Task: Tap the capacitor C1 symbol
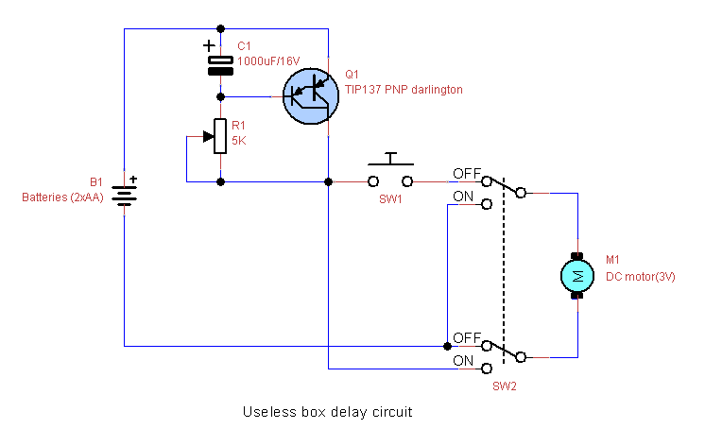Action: (220, 63)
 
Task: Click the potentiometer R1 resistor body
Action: (220, 136)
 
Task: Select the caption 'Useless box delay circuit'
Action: (328, 413)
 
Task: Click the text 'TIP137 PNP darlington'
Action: (404, 90)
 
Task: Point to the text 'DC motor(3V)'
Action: (640, 277)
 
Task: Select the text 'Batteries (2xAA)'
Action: (62, 197)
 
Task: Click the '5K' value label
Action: (239, 141)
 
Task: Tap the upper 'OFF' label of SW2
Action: (466, 174)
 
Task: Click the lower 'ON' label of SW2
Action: (463, 361)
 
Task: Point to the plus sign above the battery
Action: (133, 179)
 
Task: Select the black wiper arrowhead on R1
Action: (208, 136)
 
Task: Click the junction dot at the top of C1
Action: (220, 28)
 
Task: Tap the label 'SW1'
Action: (389, 200)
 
